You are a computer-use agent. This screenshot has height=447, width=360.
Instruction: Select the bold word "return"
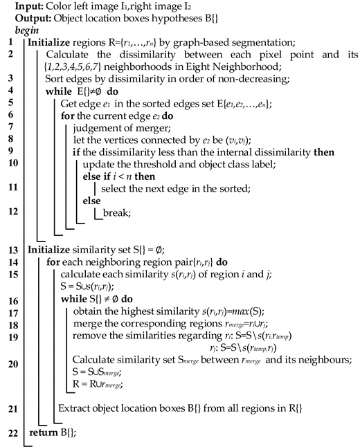pos(43,433)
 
